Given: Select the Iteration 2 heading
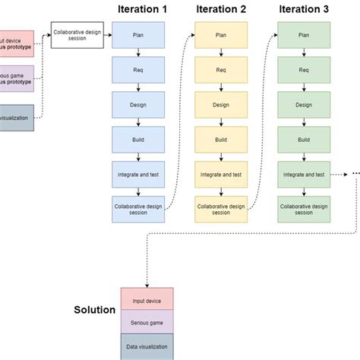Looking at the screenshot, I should point(221,9).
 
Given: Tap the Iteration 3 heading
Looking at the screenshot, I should point(304,9).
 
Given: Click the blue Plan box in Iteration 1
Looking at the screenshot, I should point(137,35).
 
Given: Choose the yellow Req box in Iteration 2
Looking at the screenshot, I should point(221,70).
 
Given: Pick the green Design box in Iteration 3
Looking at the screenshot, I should point(304,105).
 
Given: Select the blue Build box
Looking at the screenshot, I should point(137,140).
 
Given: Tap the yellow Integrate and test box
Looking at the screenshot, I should point(221,175).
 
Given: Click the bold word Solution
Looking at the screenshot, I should point(94,310).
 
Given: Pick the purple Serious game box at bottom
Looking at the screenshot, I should point(147,322).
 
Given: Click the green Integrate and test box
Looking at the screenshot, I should point(304,175).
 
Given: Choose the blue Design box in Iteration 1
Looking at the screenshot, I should point(137,105).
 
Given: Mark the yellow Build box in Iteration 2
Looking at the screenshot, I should point(221,140).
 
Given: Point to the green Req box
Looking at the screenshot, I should point(304,70).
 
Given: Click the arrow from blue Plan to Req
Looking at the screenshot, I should point(137,52).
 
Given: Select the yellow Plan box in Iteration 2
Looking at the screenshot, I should point(221,35).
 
